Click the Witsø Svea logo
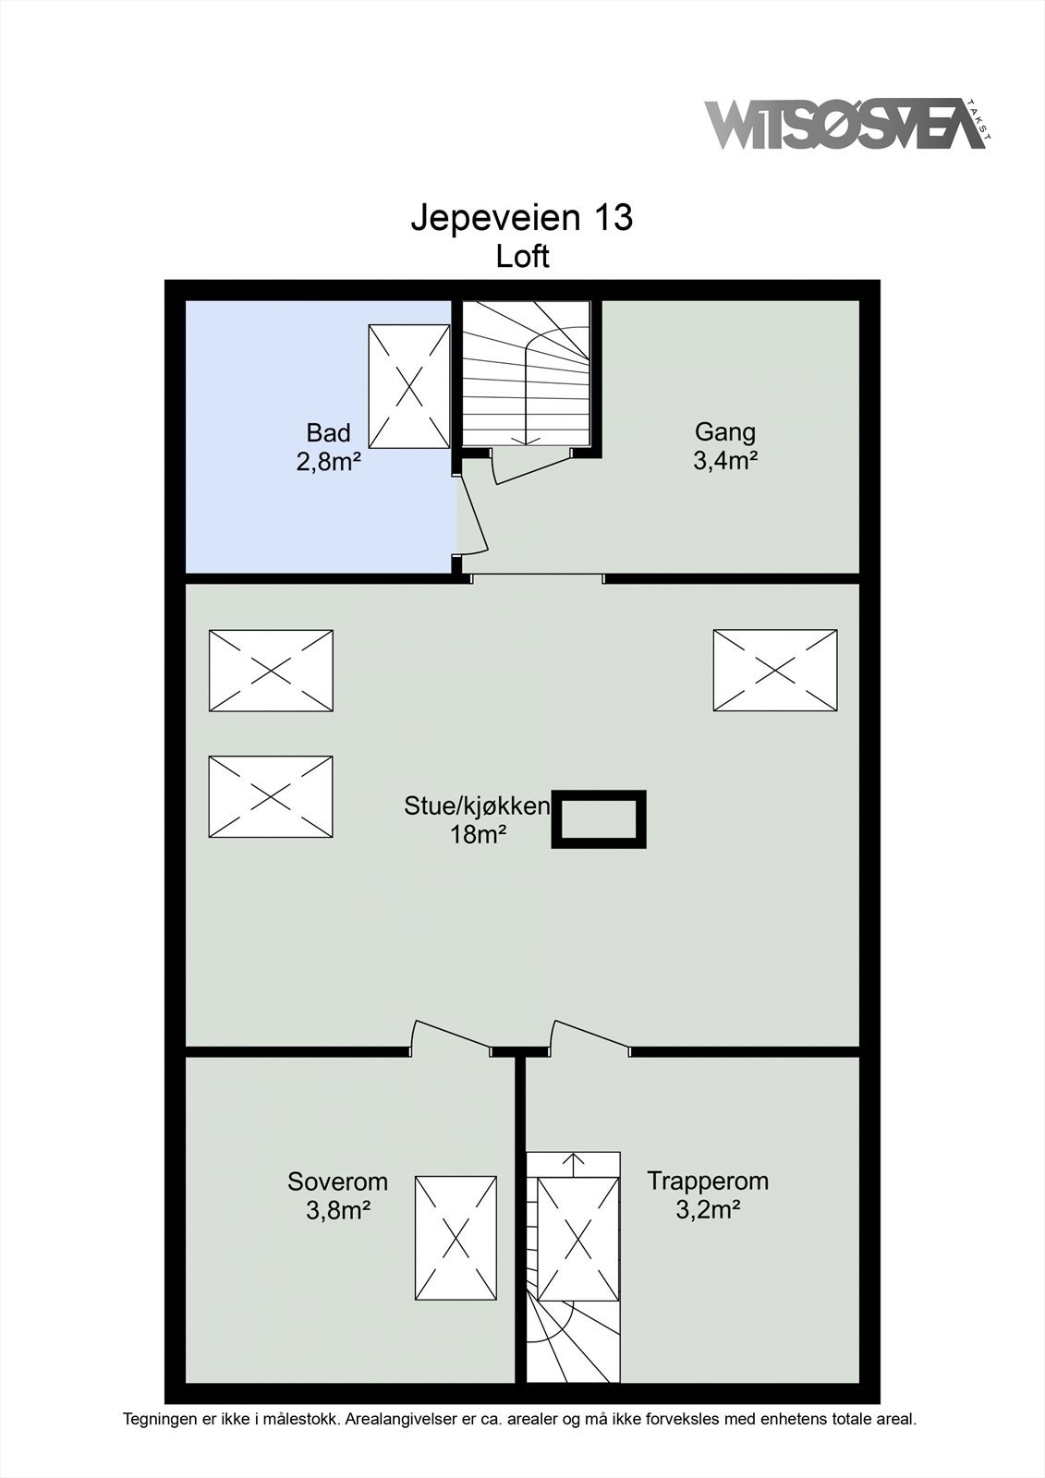[848, 125]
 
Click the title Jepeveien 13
[522, 218]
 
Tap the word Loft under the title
[522, 257]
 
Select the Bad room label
[328, 433]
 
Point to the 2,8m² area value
[328, 461]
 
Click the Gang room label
[724, 433]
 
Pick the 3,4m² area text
[724, 460]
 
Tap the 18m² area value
[478, 835]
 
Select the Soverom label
[337, 1181]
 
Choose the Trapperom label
[708, 1181]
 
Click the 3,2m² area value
[708, 1209]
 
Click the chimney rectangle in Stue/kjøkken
[598, 818]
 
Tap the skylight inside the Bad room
[409, 387]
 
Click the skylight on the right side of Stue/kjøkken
[775, 671]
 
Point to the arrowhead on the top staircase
[526, 441]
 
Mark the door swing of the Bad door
[474, 515]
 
